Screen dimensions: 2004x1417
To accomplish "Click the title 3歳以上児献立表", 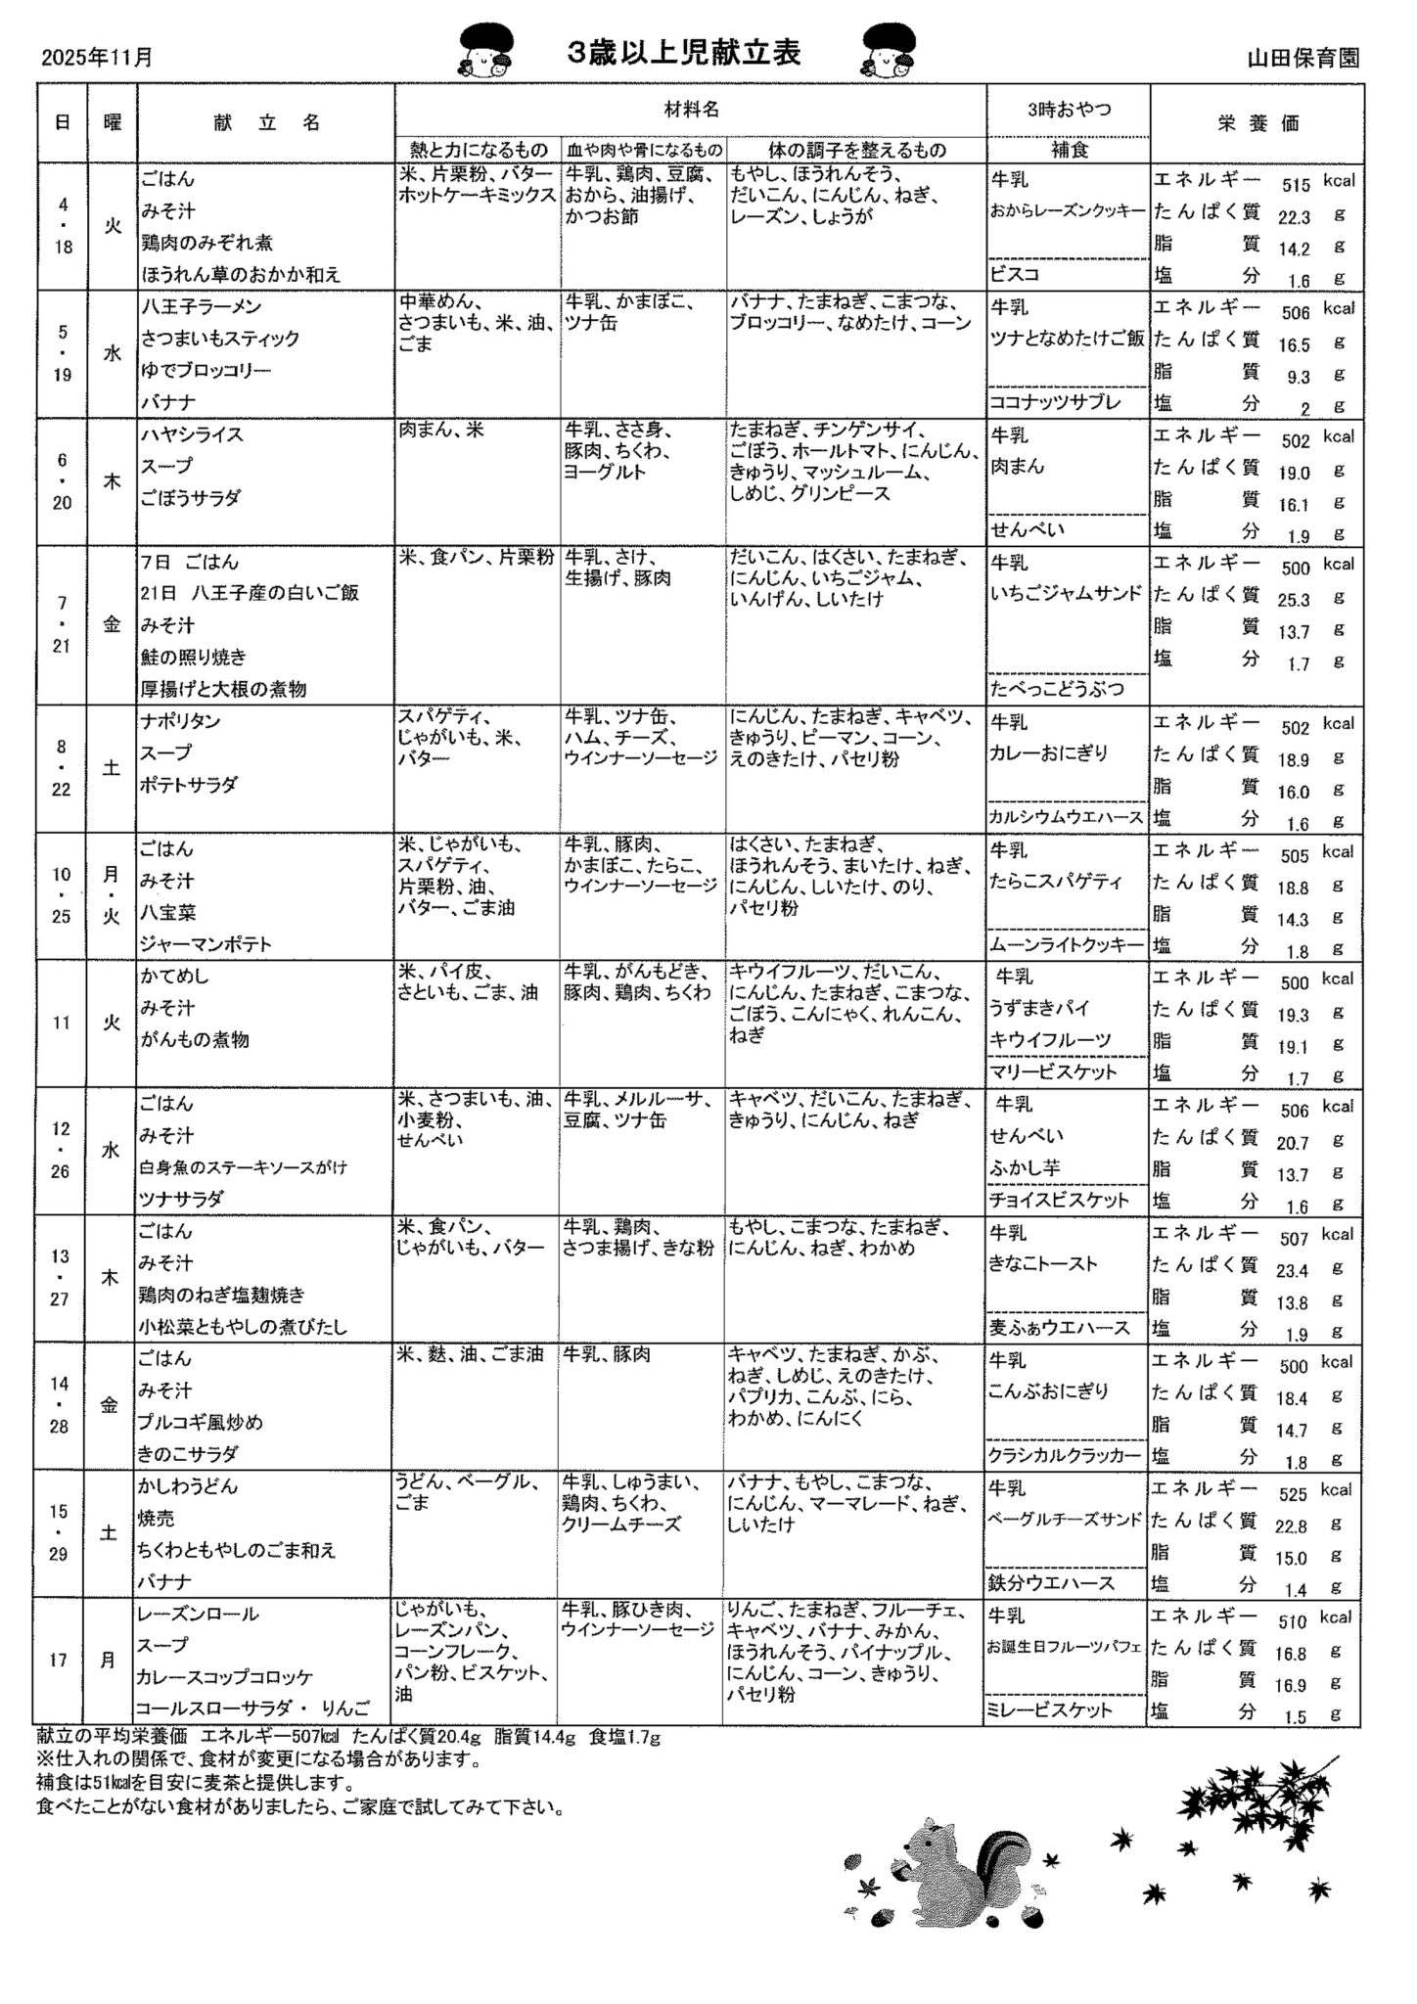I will (684, 53).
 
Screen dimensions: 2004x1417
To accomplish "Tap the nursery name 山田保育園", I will (1303, 58).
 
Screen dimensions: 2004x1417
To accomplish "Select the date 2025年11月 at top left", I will (97, 58).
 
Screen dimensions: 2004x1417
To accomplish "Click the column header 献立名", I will (266, 122).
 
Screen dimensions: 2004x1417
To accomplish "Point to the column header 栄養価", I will (1257, 123).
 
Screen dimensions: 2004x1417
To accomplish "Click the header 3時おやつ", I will (1069, 110).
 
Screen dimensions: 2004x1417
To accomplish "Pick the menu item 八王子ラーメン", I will (201, 306).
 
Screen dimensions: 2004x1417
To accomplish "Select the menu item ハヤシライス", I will (192, 434).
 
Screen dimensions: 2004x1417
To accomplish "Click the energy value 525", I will (1293, 1495).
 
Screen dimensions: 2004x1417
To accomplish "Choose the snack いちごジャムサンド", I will (1066, 594).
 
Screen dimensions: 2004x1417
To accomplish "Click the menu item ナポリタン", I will (180, 721).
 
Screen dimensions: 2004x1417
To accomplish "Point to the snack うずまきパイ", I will (1039, 1008).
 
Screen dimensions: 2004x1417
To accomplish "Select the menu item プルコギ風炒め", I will (201, 1422).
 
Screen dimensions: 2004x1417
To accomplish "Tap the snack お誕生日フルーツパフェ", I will (1066, 1647).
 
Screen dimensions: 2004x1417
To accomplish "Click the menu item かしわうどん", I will (188, 1486).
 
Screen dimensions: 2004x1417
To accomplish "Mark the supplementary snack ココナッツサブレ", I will (1054, 402).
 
